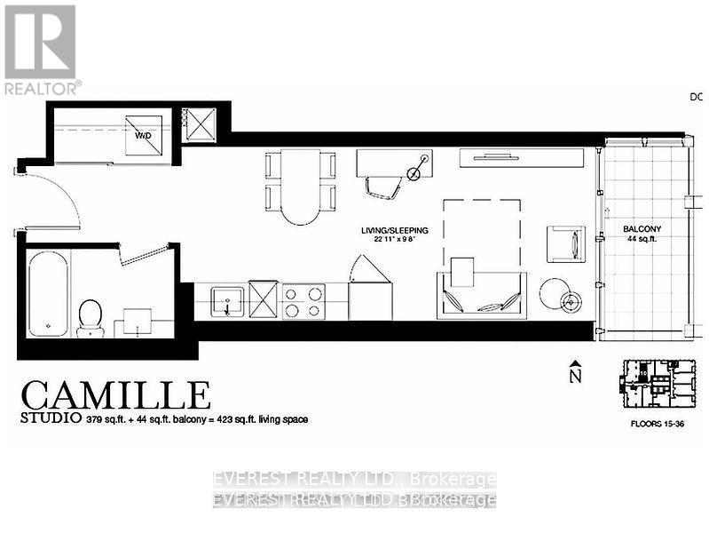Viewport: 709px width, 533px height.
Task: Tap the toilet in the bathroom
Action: (x=91, y=316)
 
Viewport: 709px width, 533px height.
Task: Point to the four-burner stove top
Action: (x=303, y=299)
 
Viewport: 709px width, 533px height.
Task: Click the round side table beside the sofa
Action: (x=557, y=294)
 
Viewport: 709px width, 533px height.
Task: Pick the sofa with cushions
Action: (x=480, y=294)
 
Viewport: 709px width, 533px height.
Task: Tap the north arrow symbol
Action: (x=575, y=371)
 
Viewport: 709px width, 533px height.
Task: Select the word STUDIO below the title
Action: (x=46, y=419)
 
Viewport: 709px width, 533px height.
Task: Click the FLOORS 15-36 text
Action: (x=657, y=424)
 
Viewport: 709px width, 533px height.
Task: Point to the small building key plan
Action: (x=657, y=384)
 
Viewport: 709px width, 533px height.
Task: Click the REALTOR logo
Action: (x=41, y=49)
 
